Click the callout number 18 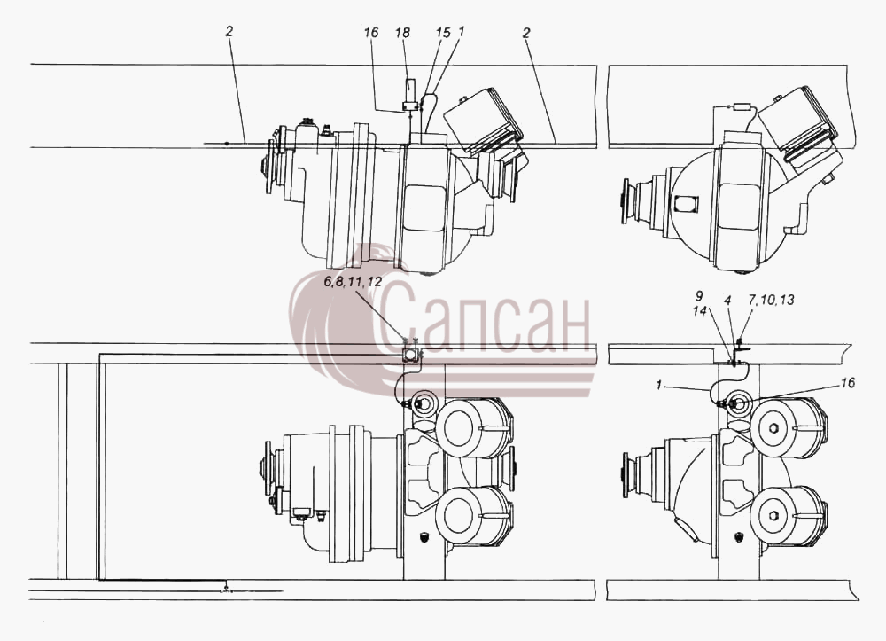pos(402,33)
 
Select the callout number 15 pos(444,33)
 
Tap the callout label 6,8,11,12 pos(353,283)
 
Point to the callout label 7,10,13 pos(772,301)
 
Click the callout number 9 pos(699,296)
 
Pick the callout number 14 pos(700,310)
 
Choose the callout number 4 pos(728,301)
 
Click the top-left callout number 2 pos(229,32)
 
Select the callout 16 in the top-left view pos(371,33)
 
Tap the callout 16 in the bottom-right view pos(848,383)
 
